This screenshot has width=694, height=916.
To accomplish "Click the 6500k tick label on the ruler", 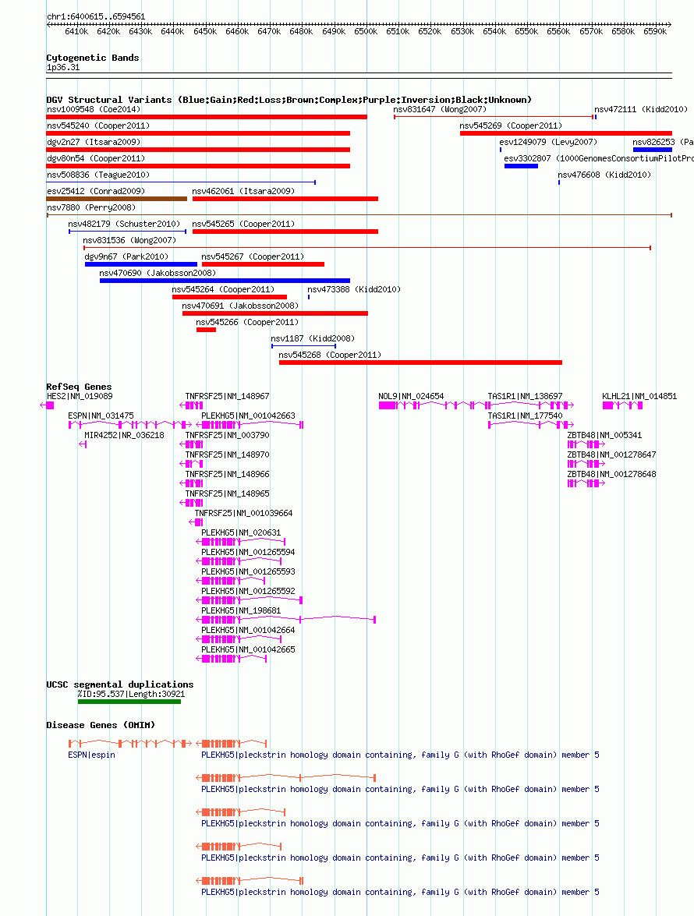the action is click(366, 31).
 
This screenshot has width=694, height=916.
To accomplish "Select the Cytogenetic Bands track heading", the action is click(93, 58).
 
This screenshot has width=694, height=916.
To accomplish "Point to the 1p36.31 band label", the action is click(63, 67).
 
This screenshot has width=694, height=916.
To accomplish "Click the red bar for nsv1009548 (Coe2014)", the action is click(207, 117).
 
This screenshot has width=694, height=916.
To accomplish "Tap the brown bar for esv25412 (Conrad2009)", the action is click(117, 199).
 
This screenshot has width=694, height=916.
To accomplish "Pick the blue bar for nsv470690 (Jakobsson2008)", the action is click(225, 281).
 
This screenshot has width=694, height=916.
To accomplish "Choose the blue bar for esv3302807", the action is click(521, 166).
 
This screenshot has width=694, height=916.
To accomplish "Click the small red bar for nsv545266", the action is click(206, 330).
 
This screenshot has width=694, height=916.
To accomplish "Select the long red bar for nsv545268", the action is click(420, 363).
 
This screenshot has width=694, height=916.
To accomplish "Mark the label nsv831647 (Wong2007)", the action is click(440, 109).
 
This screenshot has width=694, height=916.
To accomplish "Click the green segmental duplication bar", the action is click(129, 702).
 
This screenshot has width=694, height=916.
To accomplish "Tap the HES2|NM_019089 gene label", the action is click(80, 396).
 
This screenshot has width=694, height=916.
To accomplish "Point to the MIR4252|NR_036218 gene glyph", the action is click(83, 444).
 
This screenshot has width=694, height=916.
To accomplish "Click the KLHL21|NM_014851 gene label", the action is click(639, 396).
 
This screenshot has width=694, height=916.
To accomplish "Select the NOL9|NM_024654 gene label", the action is click(411, 396).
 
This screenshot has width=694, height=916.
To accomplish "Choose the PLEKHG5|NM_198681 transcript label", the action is click(241, 610).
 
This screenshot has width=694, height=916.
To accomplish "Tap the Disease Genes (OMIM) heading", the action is click(101, 725).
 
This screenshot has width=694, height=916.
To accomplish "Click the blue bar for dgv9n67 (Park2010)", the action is click(141, 264).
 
